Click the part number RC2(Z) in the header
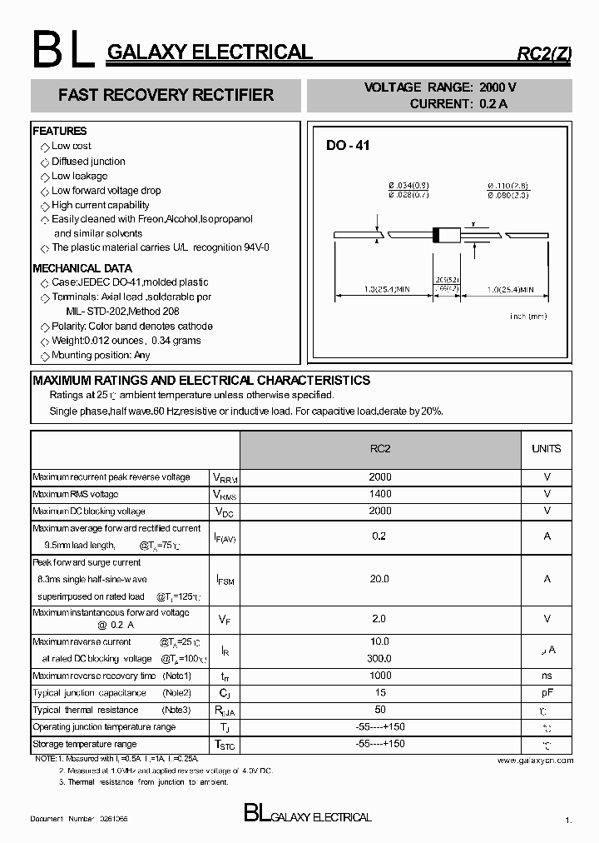click(545, 54)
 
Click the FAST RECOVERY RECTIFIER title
click(166, 95)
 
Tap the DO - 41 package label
click(348, 145)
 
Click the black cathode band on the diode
click(435, 236)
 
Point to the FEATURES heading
click(60, 131)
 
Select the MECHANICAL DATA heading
click(82, 268)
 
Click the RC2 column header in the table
click(380, 448)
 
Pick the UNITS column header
click(547, 448)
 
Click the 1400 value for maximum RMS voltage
click(380, 494)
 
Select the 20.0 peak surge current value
click(380, 579)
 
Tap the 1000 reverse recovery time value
click(380, 676)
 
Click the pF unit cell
click(547, 692)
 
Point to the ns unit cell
click(547, 676)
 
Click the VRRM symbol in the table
click(225, 478)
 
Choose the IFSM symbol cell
click(225, 580)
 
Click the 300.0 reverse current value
click(380, 658)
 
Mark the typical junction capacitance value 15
click(380, 692)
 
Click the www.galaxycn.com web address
click(535, 760)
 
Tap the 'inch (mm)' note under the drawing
click(528, 317)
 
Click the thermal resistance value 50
click(380, 710)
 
